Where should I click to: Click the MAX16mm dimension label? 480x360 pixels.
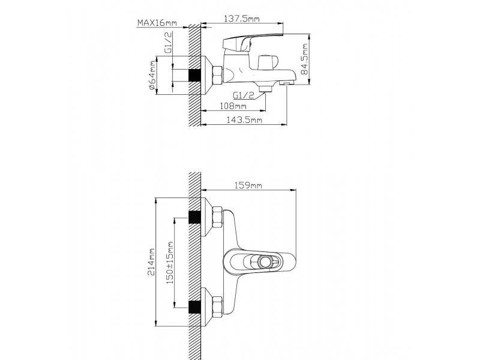click(157, 23)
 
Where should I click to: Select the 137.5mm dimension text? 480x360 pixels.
click(242, 19)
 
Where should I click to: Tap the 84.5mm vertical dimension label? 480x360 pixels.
click(304, 59)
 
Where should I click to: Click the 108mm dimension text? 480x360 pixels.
click(233, 106)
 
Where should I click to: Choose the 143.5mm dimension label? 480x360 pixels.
click(244, 119)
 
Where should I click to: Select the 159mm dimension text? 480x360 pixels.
click(248, 185)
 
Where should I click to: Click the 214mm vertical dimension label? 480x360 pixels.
click(152, 262)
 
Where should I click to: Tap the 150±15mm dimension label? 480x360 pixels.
click(170, 263)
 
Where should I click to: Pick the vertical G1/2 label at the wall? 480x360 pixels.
click(168, 43)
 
